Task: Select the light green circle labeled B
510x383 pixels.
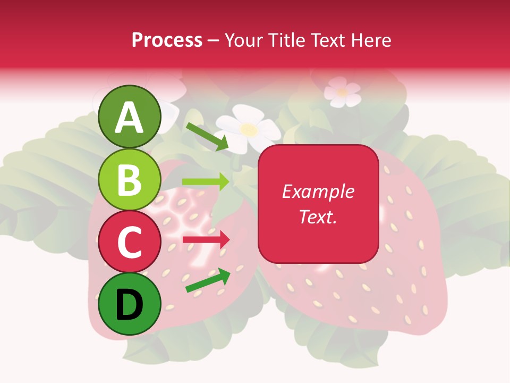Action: [130, 179]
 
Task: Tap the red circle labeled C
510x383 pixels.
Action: [130, 242]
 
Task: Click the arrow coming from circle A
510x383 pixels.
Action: [207, 136]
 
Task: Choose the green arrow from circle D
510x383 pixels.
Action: [208, 280]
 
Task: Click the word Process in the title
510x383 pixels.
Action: [167, 40]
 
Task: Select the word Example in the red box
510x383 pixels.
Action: [318, 191]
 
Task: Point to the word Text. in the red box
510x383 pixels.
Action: [318, 217]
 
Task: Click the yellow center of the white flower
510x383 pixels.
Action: [248, 129]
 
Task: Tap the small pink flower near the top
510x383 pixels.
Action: [342, 91]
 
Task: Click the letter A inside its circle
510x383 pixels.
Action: [130, 118]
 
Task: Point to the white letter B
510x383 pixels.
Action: [130, 180]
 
